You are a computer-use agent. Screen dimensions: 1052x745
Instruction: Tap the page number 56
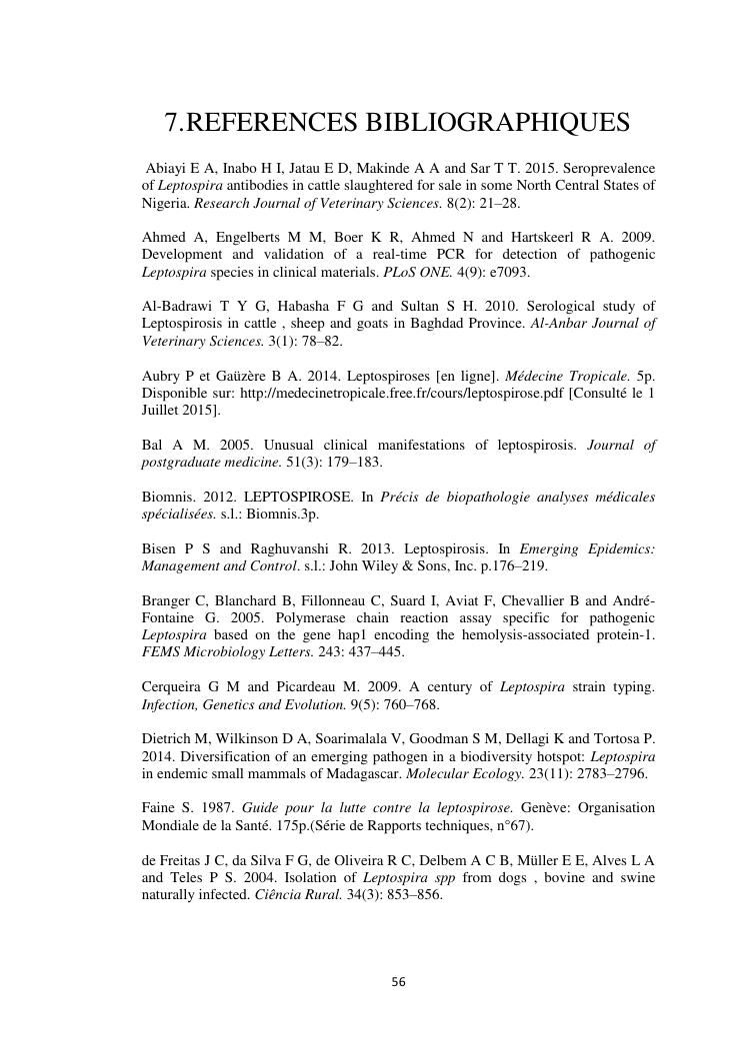click(398, 982)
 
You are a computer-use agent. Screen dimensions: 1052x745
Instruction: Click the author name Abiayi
click(167, 167)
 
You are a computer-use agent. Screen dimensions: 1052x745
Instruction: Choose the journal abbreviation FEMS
click(163, 652)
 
